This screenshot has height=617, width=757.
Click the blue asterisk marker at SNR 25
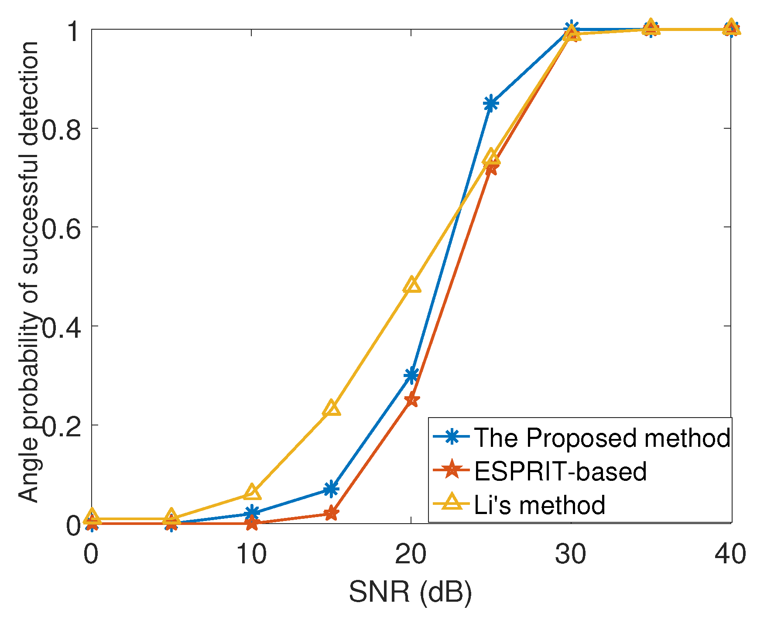point(491,103)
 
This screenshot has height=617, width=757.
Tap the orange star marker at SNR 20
point(411,399)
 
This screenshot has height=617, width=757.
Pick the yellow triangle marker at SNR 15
point(332,408)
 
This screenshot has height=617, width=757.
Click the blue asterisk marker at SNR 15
point(332,489)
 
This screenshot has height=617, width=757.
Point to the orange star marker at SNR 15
point(332,514)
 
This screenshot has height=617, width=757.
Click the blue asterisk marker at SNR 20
point(411,375)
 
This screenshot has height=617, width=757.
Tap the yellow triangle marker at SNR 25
point(491,157)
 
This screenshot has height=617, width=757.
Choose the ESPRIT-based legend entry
point(560,471)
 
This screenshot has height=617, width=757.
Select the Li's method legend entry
point(539,505)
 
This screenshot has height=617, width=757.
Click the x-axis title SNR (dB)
point(410,593)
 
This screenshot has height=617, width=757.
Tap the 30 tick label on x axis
point(571,555)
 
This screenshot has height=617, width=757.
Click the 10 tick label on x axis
point(251,555)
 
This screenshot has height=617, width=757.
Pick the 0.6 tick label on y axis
point(62,227)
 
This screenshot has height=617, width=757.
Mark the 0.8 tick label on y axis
point(62,129)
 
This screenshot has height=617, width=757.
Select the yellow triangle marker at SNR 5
point(172,517)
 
